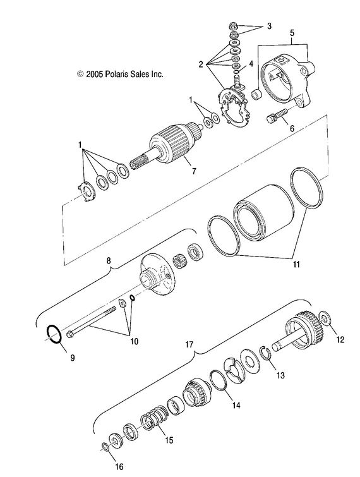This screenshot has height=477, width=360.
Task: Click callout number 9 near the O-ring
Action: [x=71, y=358]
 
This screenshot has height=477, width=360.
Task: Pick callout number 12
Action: [x=340, y=339]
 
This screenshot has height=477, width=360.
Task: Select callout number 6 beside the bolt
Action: [x=292, y=128]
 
